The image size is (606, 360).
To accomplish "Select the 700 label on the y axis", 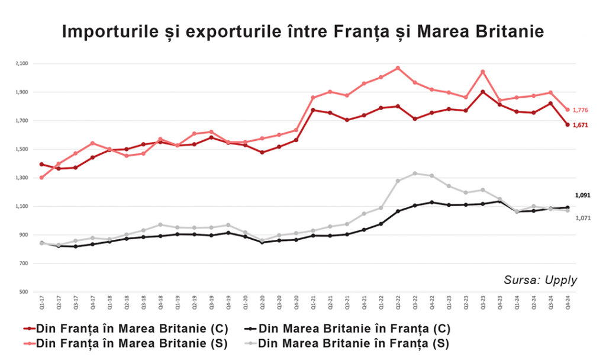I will coord(24,263).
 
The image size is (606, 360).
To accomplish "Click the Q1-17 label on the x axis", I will coord(41,304).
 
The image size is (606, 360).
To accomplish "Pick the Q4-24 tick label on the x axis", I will coord(568,304).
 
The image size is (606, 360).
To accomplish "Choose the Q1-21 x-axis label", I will coord(312,304).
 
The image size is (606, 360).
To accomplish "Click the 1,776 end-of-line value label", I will coord(581,110).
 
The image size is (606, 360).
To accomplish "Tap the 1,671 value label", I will coord(581,125).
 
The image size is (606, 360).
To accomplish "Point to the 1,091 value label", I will coord(582,195).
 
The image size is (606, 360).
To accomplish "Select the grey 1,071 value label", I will coord(582,218).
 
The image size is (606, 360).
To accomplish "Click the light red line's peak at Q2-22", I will coord(398,68).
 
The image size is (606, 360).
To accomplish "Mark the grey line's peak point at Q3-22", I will coord(415,173).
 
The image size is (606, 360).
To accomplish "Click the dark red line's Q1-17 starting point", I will coord(41,164).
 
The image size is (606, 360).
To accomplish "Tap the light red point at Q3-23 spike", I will coord(483,72).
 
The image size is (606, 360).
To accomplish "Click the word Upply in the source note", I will coord(562,280).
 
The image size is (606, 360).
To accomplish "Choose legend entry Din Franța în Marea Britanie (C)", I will coord(124,329).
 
